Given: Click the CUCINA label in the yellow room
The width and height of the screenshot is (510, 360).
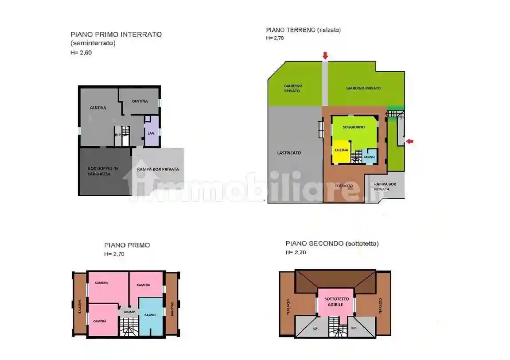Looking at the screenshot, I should pos(341,150).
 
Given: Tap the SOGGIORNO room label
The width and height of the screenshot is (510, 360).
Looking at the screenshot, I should pos(354,127).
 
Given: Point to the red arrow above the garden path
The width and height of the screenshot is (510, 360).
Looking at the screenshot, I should pos(325,55).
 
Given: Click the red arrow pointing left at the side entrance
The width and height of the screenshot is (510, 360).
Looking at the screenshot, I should pos(410,141).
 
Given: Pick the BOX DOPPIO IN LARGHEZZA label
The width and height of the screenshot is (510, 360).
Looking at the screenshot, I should pos(102,171).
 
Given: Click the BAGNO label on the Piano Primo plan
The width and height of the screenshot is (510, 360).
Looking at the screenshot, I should pos(150,315).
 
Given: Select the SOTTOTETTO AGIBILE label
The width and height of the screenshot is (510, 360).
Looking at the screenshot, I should pos(335,302).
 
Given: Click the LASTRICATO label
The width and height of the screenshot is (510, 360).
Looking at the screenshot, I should pos(289,153).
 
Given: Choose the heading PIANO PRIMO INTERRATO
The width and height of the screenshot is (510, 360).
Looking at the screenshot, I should pos(116,34).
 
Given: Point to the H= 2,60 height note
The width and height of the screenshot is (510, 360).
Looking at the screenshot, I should pos(81,52).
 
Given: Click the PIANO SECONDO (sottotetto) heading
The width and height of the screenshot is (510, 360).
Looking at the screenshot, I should pos(332,244).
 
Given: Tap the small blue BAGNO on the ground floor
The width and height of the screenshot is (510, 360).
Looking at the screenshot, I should pos(369,157).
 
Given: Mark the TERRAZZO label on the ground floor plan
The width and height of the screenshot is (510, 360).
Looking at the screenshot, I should pos(344,186).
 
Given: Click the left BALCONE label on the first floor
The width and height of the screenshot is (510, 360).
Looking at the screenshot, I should pos(80,306).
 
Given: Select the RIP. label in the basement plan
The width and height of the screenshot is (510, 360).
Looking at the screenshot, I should pos(118,135).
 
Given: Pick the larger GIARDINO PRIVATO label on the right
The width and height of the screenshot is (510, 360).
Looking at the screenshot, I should pos(363,88).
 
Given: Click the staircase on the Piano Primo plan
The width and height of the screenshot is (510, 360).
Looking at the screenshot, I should pos(129,327).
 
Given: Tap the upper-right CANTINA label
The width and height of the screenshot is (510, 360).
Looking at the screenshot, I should pos(140,101).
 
